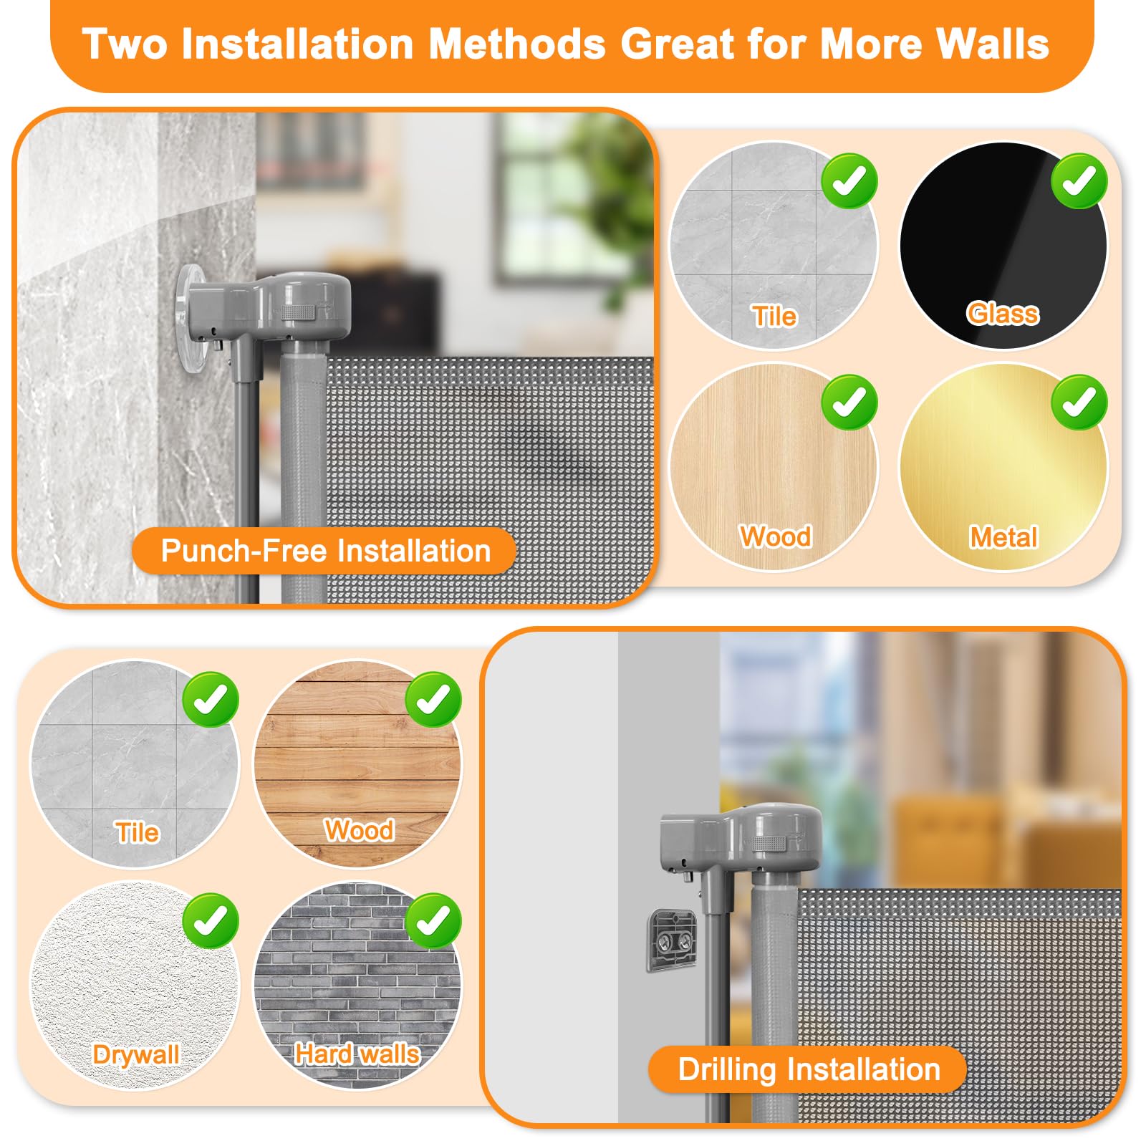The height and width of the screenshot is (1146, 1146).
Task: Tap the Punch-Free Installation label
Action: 325,551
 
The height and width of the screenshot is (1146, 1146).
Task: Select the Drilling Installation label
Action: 808,1069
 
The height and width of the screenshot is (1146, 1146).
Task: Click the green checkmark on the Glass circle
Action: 1079,181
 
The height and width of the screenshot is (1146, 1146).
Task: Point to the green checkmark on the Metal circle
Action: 1079,403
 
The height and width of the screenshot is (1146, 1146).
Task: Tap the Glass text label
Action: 1003,314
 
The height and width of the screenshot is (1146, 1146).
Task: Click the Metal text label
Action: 1003,537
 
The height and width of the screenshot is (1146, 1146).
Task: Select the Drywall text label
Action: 136,1054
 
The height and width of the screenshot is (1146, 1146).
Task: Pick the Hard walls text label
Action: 357,1054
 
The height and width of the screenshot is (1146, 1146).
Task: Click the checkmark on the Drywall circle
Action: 211,921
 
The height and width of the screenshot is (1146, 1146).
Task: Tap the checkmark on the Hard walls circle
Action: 433,921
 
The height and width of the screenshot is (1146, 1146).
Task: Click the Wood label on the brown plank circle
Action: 359,831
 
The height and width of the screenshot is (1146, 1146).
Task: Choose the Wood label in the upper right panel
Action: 776,536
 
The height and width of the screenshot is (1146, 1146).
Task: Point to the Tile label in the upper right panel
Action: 774,316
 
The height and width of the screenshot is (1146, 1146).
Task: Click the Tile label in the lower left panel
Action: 137,833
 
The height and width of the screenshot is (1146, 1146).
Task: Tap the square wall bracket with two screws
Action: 673,940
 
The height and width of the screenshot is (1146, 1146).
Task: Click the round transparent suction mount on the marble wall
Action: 191,319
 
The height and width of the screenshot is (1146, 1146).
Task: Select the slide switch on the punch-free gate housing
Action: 297,312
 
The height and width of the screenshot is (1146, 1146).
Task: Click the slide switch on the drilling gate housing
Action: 767,844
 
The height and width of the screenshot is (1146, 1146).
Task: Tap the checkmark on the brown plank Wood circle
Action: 433,700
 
